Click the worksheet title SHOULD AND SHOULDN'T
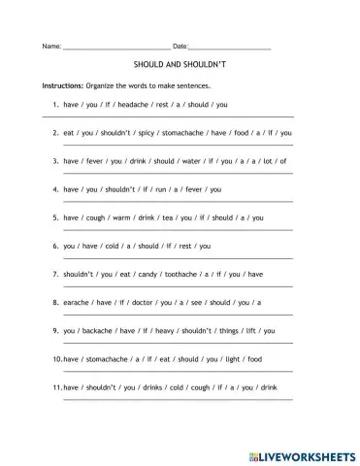[180, 70]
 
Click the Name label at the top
[50, 46]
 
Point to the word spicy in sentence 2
[148, 132]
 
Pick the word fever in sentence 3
[100, 160]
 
